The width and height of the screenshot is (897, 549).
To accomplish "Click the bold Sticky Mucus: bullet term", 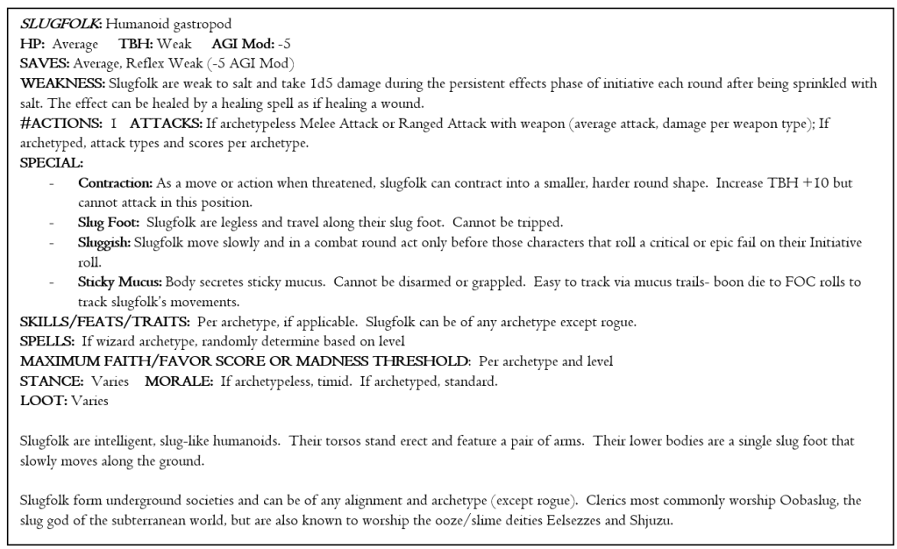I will point(118,282).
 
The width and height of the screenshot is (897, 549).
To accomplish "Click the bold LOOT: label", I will point(40,402).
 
